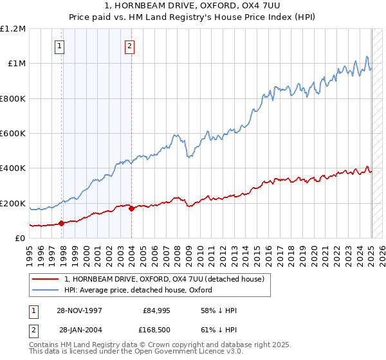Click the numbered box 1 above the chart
(x=59, y=46)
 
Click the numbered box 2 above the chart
(x=129, y=46)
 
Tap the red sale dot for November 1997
(x=62, y=223)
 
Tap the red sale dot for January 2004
(x=131, y=208)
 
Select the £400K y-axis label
(x=13, y=168)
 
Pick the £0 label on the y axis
(x=19, y=239)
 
